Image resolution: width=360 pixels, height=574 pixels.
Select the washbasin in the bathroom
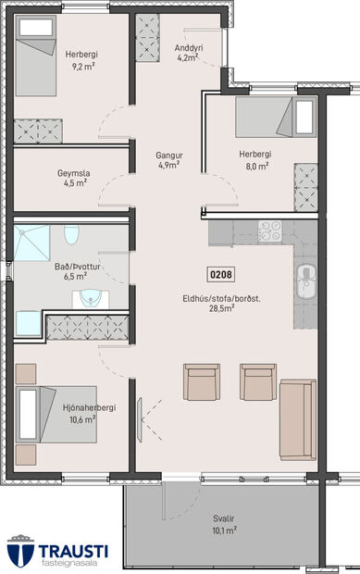[90, 296]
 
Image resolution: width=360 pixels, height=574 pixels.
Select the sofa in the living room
[298, 418]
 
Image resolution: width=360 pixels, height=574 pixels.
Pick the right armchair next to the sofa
[257, 381]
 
